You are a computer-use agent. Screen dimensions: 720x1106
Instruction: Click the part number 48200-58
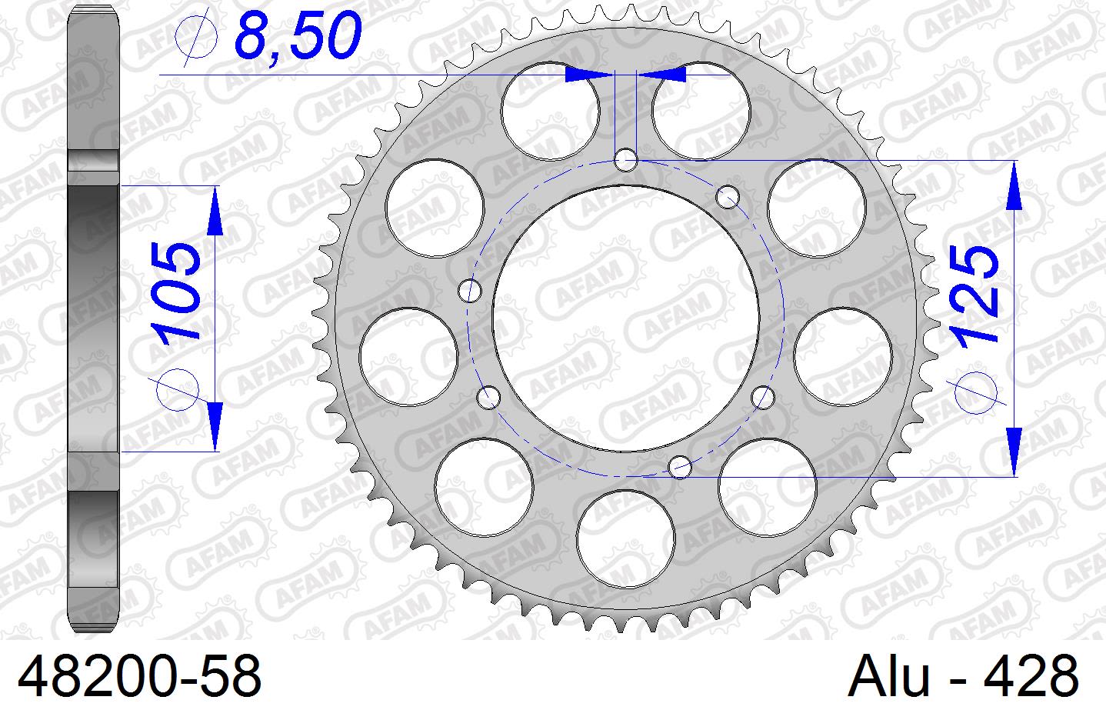[x=139, y=678]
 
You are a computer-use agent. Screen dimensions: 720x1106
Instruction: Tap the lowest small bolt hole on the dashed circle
[x=681, y=466]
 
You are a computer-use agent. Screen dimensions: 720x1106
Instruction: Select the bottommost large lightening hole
[x=626, y=538]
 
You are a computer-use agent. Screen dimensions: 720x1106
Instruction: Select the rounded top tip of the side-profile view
[x=95, y=11]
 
